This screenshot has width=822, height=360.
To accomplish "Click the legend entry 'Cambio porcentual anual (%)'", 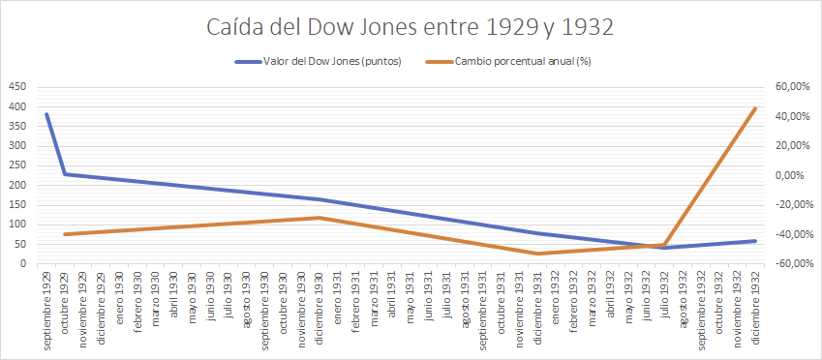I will (523, 62).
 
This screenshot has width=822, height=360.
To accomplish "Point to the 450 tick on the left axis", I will (17, 86).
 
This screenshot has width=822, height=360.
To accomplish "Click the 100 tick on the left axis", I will (17, 225).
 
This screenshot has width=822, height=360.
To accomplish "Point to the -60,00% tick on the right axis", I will (790, 264).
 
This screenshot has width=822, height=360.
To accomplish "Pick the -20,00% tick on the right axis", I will (790, 205).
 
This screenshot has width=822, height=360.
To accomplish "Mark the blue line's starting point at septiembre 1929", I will (46, 114).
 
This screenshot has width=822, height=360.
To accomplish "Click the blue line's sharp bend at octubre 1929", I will (65, 174).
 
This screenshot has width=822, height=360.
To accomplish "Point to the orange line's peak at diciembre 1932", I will (755, 108).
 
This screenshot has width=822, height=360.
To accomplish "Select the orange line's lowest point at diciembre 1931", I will (537, 254).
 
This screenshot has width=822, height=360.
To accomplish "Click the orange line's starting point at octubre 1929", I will (65, 234).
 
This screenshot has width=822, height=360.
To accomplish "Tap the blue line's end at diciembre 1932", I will (755, 241).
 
